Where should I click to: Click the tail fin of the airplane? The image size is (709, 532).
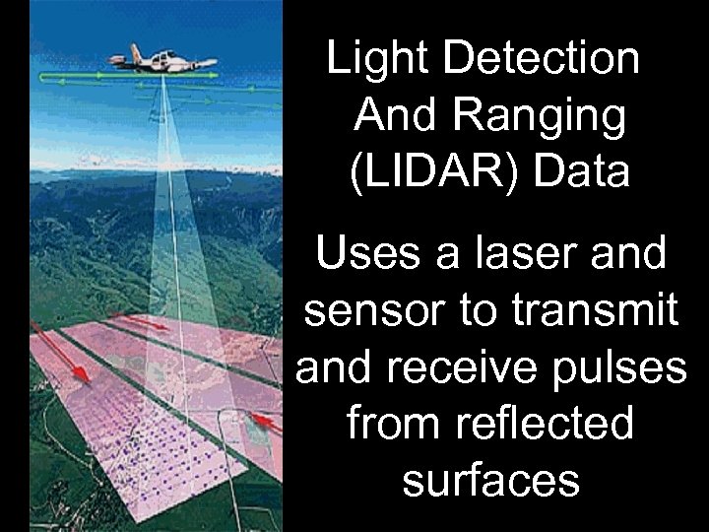coord(135,51)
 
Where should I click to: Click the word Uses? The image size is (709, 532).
coord(369,255)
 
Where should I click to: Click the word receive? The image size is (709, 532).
coord(461,367)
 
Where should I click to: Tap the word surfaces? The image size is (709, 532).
coord(489,480)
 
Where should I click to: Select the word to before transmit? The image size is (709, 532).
coord(481,311)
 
